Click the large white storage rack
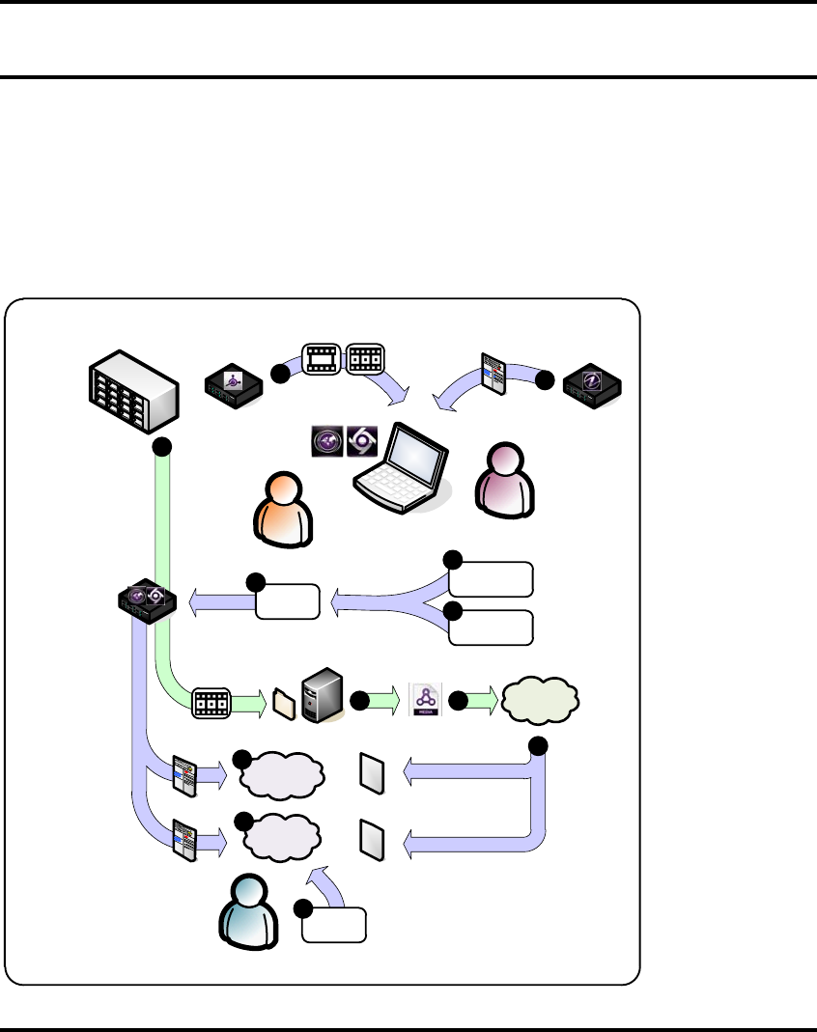point(133,393)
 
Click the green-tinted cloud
point(538,698)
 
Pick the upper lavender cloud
point(281,774)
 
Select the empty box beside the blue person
point(333,925)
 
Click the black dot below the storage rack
point(162,446)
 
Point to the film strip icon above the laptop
point(322,359)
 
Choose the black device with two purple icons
point(144,603)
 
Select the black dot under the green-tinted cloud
point(538,745)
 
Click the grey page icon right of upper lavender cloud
point(373,772)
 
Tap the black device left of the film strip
point(233,386)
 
